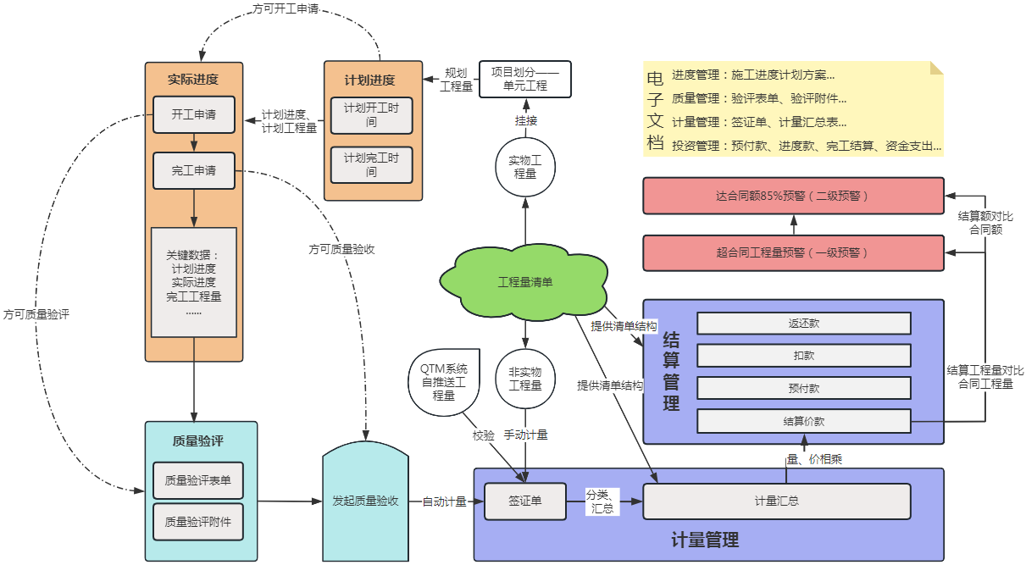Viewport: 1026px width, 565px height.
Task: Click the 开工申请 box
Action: point(194,114)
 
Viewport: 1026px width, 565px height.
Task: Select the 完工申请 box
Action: point(194,170)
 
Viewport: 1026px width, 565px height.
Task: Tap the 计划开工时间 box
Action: point(371,115)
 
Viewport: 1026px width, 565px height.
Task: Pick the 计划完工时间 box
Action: point(371,165)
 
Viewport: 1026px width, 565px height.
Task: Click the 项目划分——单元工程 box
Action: point(525,79)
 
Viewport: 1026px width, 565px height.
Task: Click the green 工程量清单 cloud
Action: point(525,282)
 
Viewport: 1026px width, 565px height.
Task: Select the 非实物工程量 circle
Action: point(525,379)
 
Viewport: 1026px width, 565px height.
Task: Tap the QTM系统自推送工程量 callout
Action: point(443,382)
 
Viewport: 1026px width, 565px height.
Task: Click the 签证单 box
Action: point(525,501)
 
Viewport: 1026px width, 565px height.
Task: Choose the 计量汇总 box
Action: point(777,501)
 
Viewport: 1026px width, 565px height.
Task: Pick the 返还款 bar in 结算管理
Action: point(803,324)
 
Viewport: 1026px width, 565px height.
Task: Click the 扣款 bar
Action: point(803,356)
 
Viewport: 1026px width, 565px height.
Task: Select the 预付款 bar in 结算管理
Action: point(803,388)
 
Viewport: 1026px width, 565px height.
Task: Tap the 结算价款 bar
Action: point(803,420)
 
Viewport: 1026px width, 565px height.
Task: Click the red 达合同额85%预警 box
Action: point(793,196)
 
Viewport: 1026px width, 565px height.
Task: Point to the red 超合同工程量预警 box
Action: point(793,252)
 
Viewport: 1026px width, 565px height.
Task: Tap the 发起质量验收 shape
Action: point(366,501)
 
